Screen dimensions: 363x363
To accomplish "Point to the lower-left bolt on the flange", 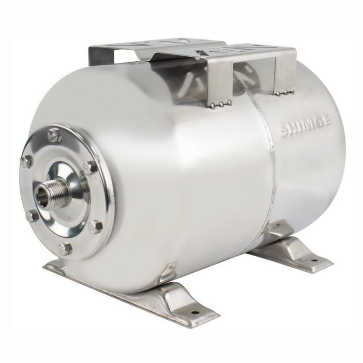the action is click(31, 216).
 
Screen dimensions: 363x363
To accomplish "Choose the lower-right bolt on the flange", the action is click(95, 226).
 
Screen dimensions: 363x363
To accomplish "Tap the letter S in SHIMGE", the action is click(284, 132).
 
